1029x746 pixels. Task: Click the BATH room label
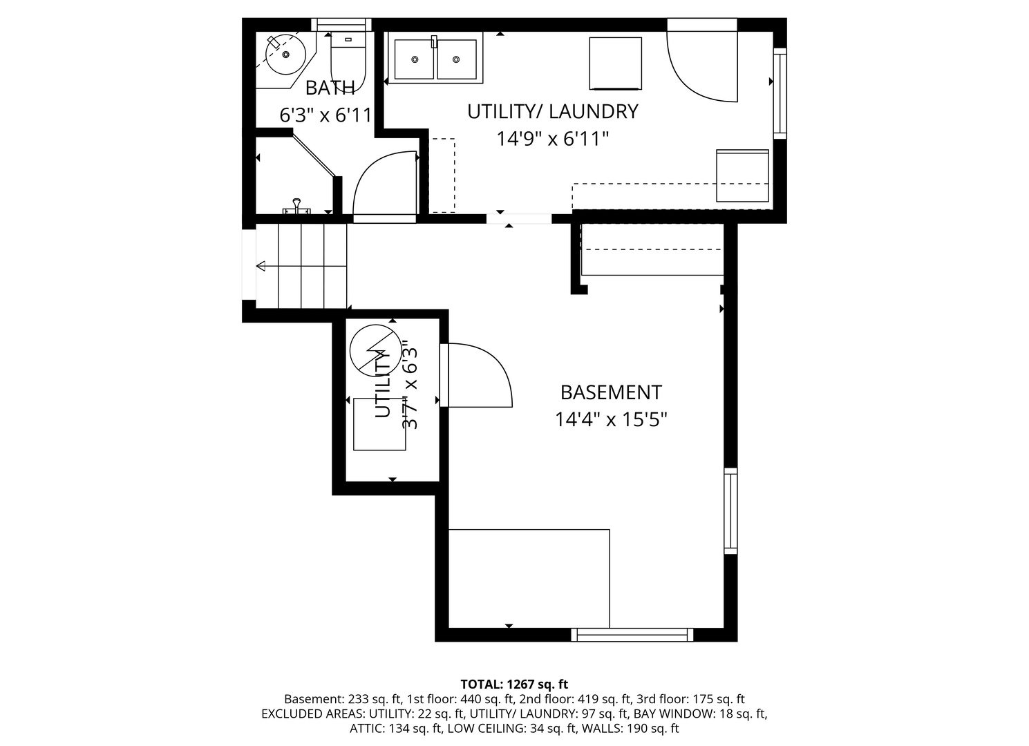[x=330, y=88]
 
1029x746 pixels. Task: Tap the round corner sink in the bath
[x=285, y=55]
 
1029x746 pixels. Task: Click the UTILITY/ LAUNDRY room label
[x=553, y=112]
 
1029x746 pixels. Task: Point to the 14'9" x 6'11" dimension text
[x=553, y=138]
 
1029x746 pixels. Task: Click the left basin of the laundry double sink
[x=415, y=59]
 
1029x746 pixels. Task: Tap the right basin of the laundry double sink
[x=456, y=59]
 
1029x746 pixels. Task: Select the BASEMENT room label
[x=611, y=392]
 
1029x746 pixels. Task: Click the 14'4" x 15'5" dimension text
[x=611, y=419]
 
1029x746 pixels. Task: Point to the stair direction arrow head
[x=261, y=266]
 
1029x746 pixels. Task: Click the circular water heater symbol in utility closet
[x=375, y=351]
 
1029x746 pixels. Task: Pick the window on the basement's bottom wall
[x=632, y=635]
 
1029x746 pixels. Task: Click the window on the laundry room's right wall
[x=780, y=93]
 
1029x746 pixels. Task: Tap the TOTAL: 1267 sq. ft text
[x=514, y=685]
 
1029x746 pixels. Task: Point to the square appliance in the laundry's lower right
[x=742, y=175]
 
